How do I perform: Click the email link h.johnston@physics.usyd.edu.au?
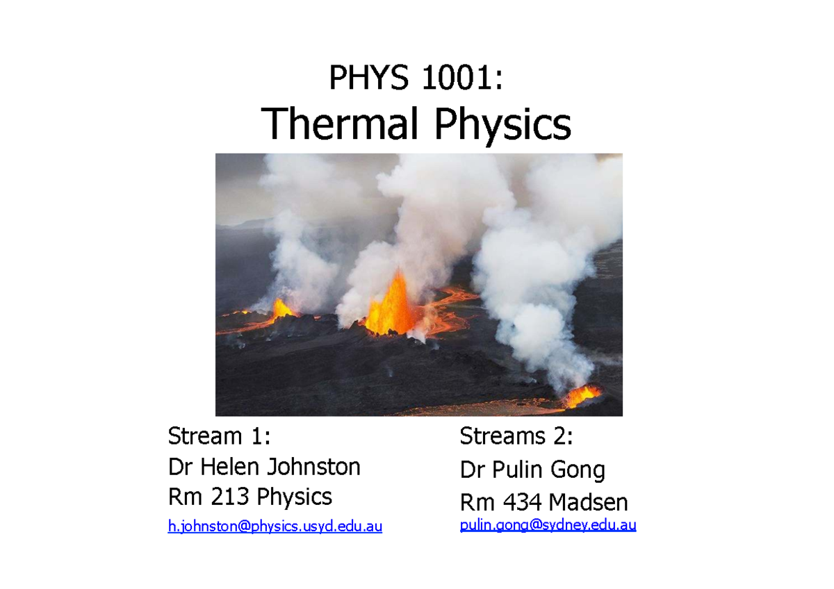click(275, 527)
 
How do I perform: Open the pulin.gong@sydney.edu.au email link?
click(548, 525)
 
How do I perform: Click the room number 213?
click(230, 497)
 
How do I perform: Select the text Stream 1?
click(218, 436)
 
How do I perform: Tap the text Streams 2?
click(516, 436)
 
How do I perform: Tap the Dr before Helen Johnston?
click(181, 467)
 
